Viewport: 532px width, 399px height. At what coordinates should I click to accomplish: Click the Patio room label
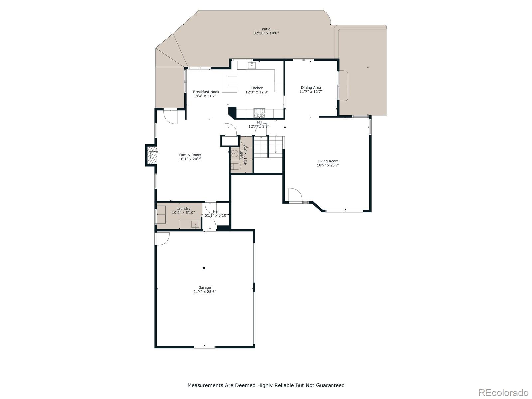[266, 29]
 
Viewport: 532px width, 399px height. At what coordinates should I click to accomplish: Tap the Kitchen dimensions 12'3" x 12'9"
[257, 92]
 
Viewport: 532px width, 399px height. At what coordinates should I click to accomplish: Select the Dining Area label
[311, 88]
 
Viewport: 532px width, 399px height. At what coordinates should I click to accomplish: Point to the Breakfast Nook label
[206, 92]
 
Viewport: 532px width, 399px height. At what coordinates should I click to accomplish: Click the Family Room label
[190, 155]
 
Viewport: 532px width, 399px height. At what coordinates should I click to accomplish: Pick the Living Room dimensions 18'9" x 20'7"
[328, 165]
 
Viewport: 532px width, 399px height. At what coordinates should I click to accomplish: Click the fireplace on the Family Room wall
[152, 155]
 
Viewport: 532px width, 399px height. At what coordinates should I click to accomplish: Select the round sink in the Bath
[234, 154]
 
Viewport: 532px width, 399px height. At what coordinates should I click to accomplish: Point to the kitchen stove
[259, 113]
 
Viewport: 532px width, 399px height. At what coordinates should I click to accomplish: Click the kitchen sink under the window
[252, 65]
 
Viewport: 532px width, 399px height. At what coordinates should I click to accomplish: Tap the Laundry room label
[183, 209]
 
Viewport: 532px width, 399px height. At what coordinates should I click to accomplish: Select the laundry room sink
[195, 224]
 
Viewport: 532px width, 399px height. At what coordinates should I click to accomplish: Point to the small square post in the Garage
[204, 268]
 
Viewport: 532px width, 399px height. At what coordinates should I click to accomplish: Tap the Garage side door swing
[162, 238]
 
